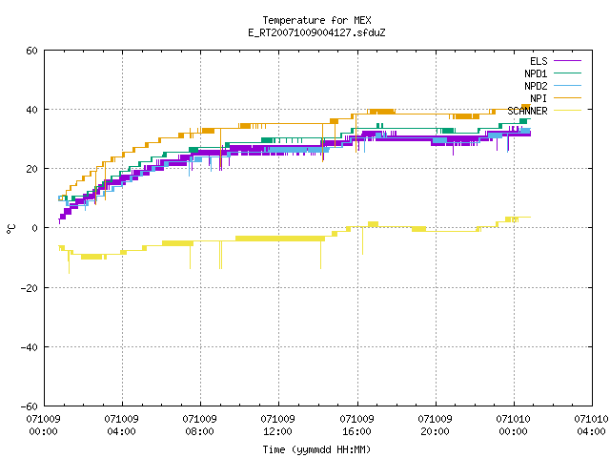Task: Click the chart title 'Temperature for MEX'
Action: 316,20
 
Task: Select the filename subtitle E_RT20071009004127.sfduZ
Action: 316,32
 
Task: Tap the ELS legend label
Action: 539,61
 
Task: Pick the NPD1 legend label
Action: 536,73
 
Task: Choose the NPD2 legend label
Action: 536,86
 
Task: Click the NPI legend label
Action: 539,98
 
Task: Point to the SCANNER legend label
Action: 527,111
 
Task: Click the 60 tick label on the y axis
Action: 31,51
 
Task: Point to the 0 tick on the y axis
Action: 35,228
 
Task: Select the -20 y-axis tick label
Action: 30,288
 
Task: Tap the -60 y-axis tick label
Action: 30,406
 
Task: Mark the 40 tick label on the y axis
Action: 31,110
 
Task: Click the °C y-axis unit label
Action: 10,229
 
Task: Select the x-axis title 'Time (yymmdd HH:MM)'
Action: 316,449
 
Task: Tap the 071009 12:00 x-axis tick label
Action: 277,426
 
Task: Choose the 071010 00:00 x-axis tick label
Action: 513,426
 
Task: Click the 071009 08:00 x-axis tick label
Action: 199,426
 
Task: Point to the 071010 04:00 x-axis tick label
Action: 591,426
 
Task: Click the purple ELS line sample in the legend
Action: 568,61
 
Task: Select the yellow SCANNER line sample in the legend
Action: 568,111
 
